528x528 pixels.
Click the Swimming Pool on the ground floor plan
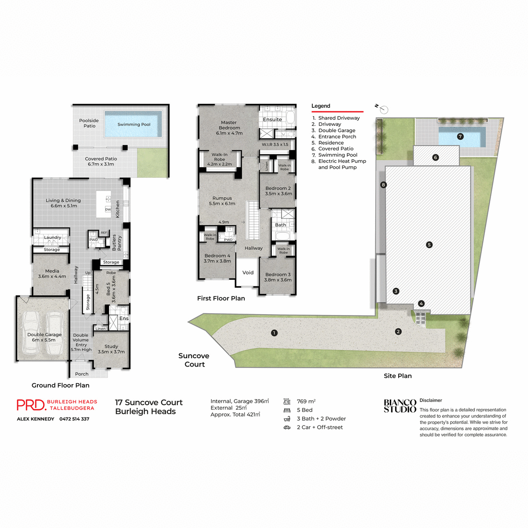pyautogui.click(x=133, y=125)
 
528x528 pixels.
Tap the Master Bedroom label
pyautogui.click(x=229, y=128)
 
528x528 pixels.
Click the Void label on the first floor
pyautogui.click(x=248, y=273)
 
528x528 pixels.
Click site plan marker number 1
pyautogui.click(x=274, y=333)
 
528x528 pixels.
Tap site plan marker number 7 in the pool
pyautogui.click(x=460, y=136)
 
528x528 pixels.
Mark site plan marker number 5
pyautogui.click(x=429, y=245)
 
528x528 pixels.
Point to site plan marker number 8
pyautogui.click(x=383, y=185)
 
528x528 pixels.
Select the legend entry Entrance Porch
pyautogui.click(x=337, y=137)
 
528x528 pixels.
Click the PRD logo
pyautogui.click(x=31, y=405)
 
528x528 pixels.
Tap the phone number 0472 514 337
pyautogui.click(x=74, y=419)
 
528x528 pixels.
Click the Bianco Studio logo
pyautogui.click(x=400, y=406)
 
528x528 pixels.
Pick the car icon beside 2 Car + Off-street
pyautogui.click(x=287, y=427)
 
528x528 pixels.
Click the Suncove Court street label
pyautogui.click(x=194, y=360)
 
